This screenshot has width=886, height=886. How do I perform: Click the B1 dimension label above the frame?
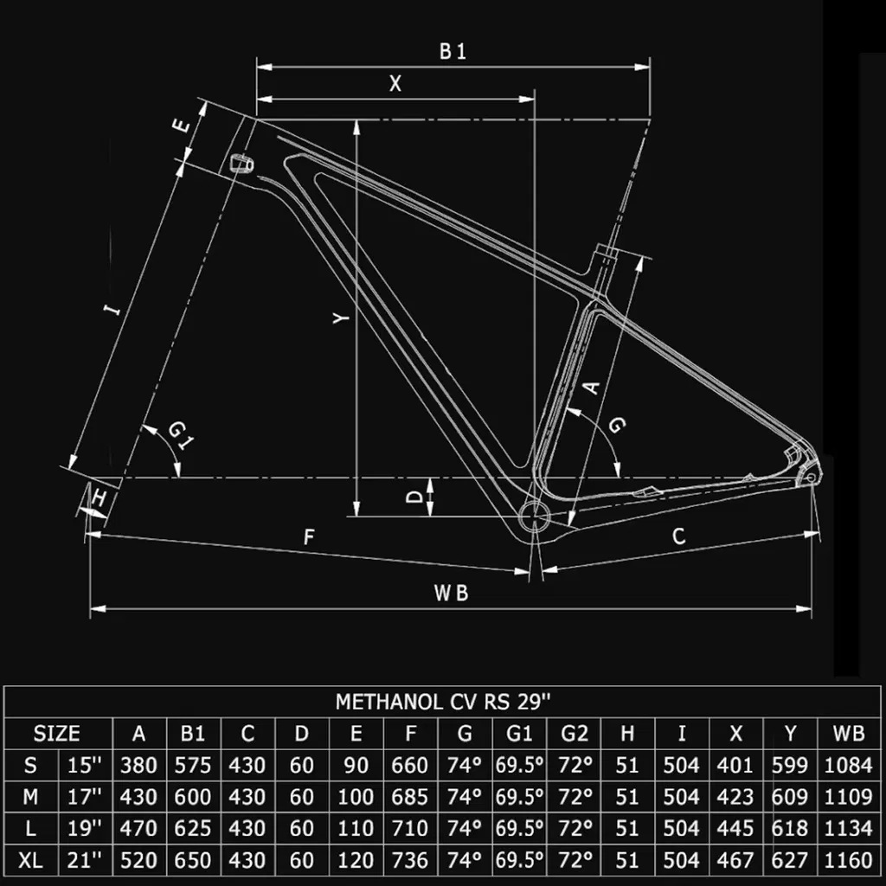pyautogui.click(x=453, y=52)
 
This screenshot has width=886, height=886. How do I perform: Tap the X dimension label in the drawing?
pyautogui.click(x=395, y=83)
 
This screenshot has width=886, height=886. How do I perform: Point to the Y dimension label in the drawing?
pyautogui.click(x=343, y=319)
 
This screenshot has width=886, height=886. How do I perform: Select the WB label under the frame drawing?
pyautogui.click(x=451, y=593)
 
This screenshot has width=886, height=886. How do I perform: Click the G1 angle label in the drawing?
pyautogui.click(x=178, y=433)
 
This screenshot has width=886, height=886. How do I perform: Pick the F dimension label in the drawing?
pyautogui.click(x=308, y=537)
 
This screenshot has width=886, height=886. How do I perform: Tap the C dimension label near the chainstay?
pyautogui.click(x=679, y=536)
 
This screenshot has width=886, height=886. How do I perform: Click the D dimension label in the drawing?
pyautogui.click(x=415, y=497)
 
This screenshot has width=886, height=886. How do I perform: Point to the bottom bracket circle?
pyautogui.click(x=534, y=519)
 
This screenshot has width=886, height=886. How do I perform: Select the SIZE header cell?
pyautogui.click(x=57, y=734)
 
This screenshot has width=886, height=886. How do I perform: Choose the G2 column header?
pyautogui.click(x=574, y=734)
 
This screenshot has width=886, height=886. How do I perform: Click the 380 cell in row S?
pyautogui.click(x=139, y=766)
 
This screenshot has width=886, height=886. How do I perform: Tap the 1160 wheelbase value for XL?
pyautogui.click(x=849, y=860)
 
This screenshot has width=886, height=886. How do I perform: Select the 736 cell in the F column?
pyautogui.click(x=410, y=860)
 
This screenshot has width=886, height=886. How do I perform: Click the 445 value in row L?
pyautogui.click(x=735, y=829)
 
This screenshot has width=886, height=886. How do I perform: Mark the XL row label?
pyautogui.click(x=30, y=860)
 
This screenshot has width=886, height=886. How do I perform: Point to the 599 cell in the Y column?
pyautogui.click(x=790, y=766)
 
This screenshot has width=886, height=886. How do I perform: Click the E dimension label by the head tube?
pyautogui.click(x=182, y=125)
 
